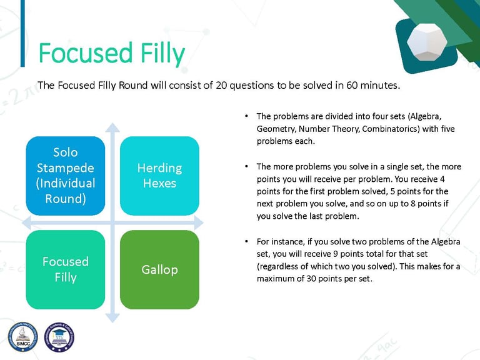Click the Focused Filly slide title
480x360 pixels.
tap(112, 54)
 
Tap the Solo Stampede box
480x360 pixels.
tap(66, 176)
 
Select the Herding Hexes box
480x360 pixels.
tap(159, 176)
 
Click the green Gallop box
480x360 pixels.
tap(159, 270)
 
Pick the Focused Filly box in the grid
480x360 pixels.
tap(66, 270)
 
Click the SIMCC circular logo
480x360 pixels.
tap(23, 337)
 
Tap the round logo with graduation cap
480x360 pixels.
tap(59, 337)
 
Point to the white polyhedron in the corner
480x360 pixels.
tap(427, 41)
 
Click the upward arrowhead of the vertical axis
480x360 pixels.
tap(112, 127)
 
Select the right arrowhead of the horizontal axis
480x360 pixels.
tap(199, 222)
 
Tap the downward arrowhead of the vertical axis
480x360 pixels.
tap(112, 318)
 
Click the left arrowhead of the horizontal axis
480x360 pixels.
tap(27, 222)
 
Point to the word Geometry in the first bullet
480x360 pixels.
tap(276, 129)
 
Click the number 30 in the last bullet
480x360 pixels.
tap(311, 279)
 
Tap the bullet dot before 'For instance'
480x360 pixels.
tap(246, 241)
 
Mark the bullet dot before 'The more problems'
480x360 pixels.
tap(246, 166)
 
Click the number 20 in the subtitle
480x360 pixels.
tap(221, 85)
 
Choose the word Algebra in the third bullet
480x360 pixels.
tap(446, 241)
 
